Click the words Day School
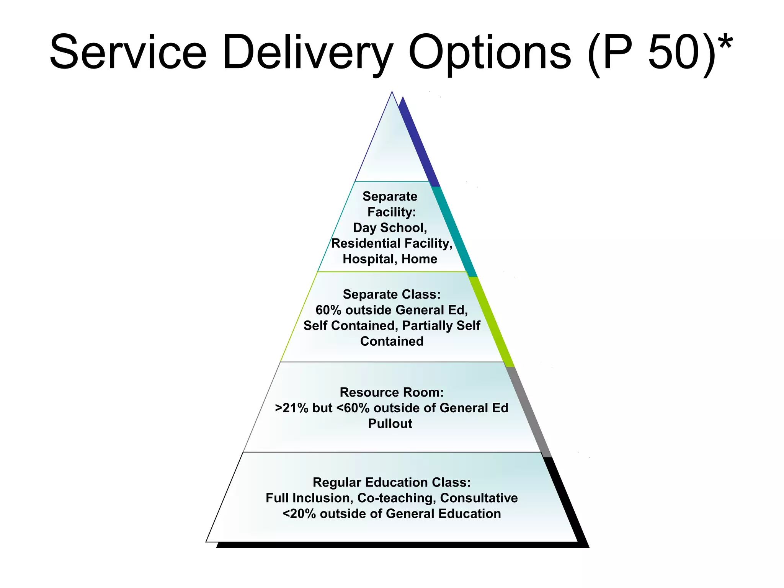[390, 228]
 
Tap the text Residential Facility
[392, 243]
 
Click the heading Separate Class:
[392, 294]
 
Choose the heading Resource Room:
[392, 392]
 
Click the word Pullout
[390, 424]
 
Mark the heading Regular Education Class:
[392, 482]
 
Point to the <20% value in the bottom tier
[299, 514]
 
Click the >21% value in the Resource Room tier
[291, 408]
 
